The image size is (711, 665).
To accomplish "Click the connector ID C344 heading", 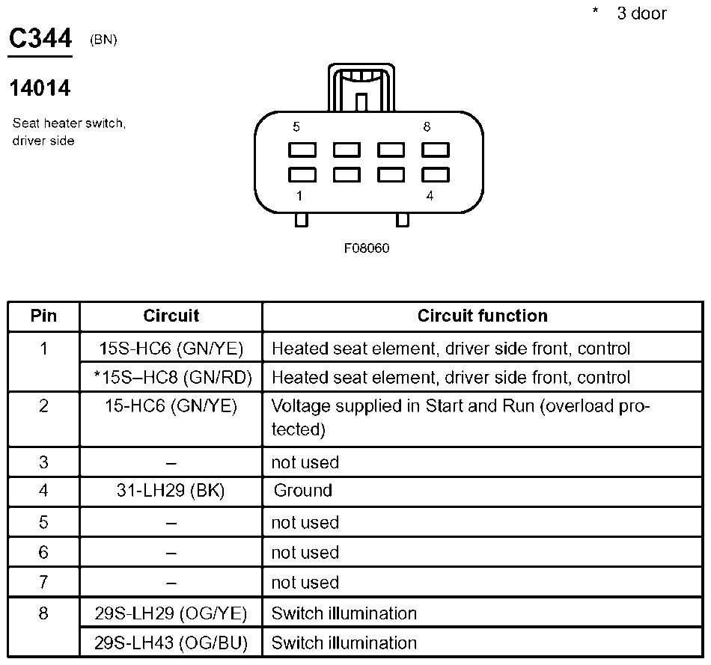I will pos(40,40).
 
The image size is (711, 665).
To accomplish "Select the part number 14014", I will pos(40,88).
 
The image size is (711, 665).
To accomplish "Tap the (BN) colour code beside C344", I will pos(103,40).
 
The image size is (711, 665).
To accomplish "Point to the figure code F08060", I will pos(367,248).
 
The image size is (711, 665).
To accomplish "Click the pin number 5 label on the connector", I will pos(297,127).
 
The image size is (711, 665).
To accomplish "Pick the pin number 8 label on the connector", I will pos(427,127).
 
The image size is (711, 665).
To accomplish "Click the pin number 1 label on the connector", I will pos(300,196).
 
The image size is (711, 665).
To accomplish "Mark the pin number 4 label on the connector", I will pos(429,196).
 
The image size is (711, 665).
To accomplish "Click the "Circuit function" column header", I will pos(482,316).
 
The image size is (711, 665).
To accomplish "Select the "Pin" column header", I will pos(43,316).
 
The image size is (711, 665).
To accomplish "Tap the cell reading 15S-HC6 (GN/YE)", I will pos(171,349).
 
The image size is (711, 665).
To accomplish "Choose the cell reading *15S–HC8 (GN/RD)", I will pos(171,378).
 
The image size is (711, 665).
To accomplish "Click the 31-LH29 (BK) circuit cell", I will pos(171,491).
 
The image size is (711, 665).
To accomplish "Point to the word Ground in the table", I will pos(302,491).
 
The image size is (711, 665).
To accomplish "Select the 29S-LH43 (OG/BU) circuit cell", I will pos(171,643).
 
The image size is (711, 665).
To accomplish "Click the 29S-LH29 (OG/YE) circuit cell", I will pos(171,613).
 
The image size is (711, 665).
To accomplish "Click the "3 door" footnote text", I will pos(641,13).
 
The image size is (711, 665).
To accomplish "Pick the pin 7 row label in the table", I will pos(43,583).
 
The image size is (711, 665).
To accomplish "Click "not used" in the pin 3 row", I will pos(305,462).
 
